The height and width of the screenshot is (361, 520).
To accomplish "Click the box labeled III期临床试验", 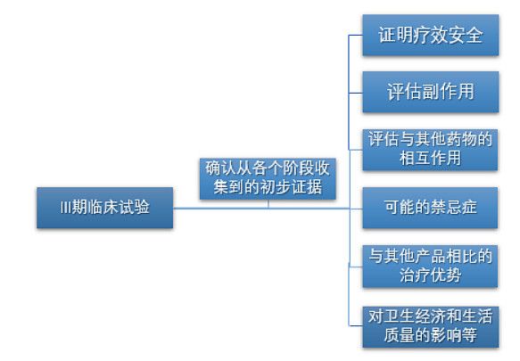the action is (x=104, y=208).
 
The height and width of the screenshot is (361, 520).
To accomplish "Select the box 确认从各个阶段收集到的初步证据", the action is (x=268, y=178).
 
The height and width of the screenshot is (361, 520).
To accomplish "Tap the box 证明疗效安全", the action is (x=431, y=35).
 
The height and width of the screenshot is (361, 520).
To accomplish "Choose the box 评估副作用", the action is (x=431, y=92).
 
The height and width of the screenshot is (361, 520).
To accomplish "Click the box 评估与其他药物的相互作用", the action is (x=430, y=150).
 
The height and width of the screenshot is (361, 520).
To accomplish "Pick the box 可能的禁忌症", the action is (x=430, y=208).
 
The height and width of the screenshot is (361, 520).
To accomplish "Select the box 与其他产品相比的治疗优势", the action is (x=430, y=267).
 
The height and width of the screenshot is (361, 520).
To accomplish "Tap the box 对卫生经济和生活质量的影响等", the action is (x=431, y=327).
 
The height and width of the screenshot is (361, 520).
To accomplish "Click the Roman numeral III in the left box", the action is (x=65, y=208).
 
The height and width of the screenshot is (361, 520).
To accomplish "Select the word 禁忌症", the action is (x=454, y=208).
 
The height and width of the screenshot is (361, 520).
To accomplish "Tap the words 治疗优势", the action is (x=430, y=275).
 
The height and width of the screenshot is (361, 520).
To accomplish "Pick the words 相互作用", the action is (x=430, y=158).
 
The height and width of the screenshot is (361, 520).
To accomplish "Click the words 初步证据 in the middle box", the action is (x=291, y=187).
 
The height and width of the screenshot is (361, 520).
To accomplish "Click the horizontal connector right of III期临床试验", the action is (x=261, y=209).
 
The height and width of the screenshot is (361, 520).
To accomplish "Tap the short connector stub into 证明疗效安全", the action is (x=356, y=35).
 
